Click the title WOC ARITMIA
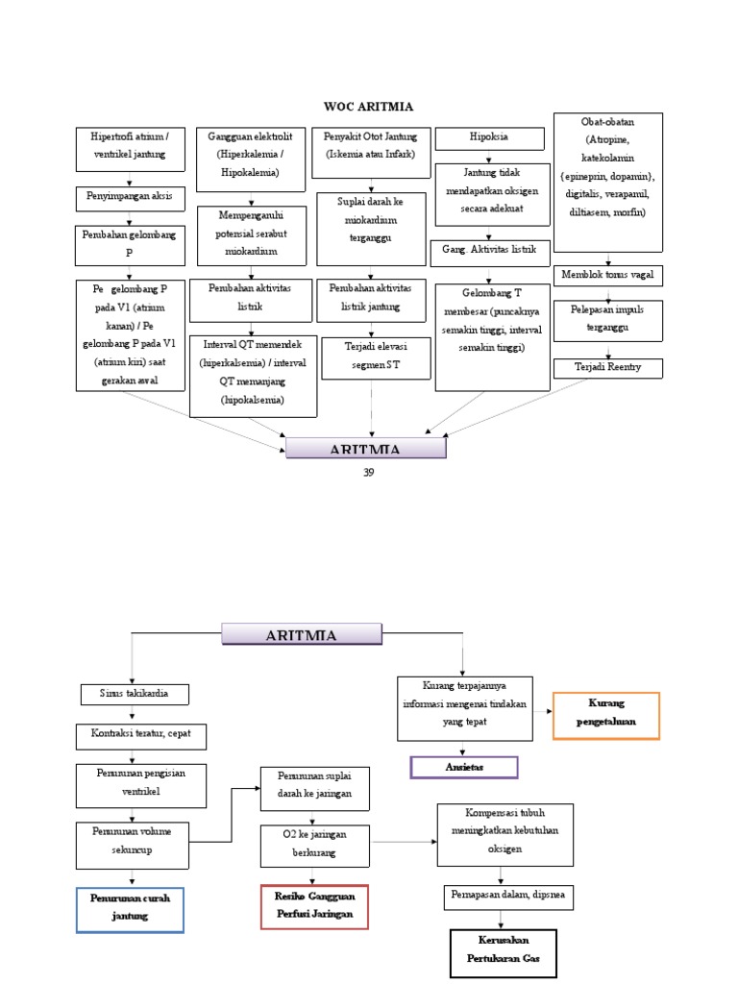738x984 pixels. pos(369,106)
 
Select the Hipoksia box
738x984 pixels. pos(490,138)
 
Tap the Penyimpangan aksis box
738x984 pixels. pos(129,198)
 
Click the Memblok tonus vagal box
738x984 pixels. pos(607,275)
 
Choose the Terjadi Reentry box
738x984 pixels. pos(607,368)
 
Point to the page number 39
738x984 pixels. pos(369,472)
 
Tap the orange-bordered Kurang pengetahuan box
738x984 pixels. pos(606,715)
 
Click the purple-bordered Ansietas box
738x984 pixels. pos(464,767)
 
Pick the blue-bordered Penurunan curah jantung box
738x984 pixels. pos(130,909)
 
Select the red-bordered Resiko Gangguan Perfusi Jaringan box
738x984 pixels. pos(315,906)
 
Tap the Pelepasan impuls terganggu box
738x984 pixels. pos(607,319)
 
